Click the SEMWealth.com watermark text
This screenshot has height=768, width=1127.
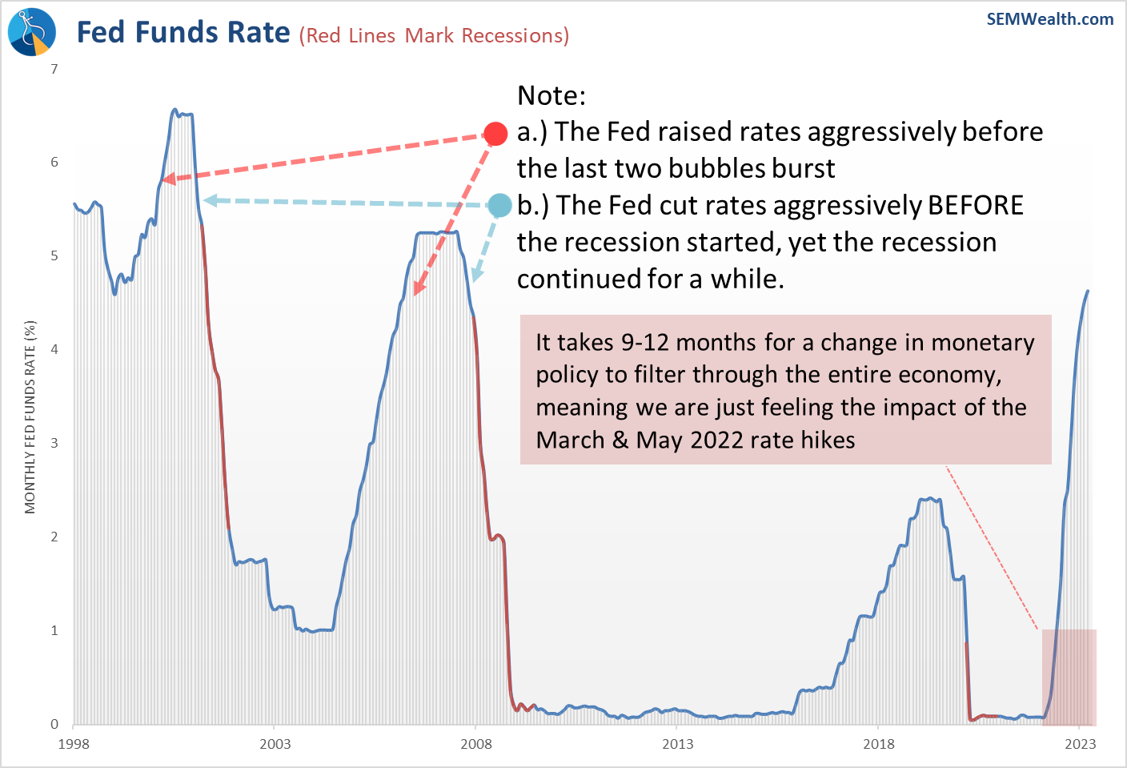click(x=1049, y=19)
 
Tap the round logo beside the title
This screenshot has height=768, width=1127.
click(x=32, y=32)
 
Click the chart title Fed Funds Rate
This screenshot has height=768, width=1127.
click(x=183, y=32)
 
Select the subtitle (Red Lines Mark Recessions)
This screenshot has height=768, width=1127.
click(x=434, y=36)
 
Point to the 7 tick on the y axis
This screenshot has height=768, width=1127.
click(x=54, y=69)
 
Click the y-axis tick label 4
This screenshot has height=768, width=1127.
click(x=54, y=349)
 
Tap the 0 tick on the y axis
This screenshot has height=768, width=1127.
click(x=54, y=724)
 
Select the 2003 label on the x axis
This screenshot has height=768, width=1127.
click(x=275, y=744)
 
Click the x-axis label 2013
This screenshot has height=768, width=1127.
click(x=677, y=744)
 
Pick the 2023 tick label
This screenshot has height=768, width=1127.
click(x=1080, y=744)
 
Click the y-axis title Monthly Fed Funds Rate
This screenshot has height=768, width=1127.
click(x=30, y=417)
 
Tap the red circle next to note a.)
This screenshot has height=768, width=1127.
click(x=495, y=134)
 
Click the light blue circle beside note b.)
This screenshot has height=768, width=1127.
click(x=499, y=206)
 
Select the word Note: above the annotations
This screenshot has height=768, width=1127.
click(x=551, y=95)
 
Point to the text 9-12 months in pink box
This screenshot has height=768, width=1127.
click(x=688, y=342)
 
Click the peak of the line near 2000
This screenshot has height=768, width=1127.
click(x=174, y=109)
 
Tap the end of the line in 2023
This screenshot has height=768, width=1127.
click(x=1088, y=291)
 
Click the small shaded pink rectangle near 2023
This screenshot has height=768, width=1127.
click(x=1069, y=677)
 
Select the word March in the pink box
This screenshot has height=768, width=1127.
click(x=570, y=440)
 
